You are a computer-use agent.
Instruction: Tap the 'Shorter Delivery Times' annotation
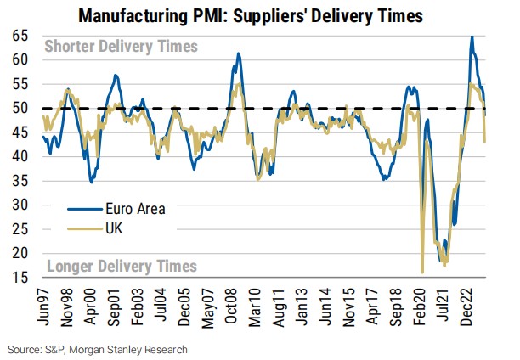(x=121, y=47)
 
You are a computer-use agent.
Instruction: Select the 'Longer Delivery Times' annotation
(x=121, y=266)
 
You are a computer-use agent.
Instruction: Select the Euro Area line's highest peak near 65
(x=472, y=37)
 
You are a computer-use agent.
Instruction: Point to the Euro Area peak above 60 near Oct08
(x=239, y=53)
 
